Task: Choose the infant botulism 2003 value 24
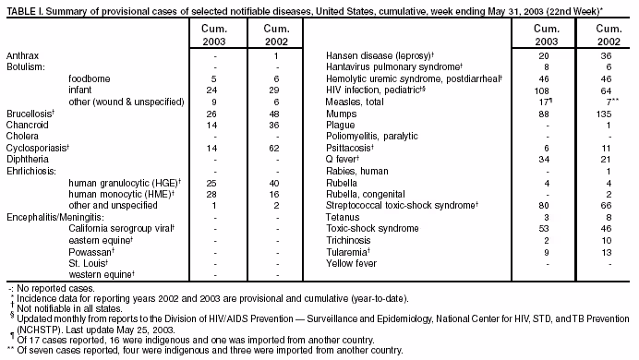(x=211, y=90)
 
